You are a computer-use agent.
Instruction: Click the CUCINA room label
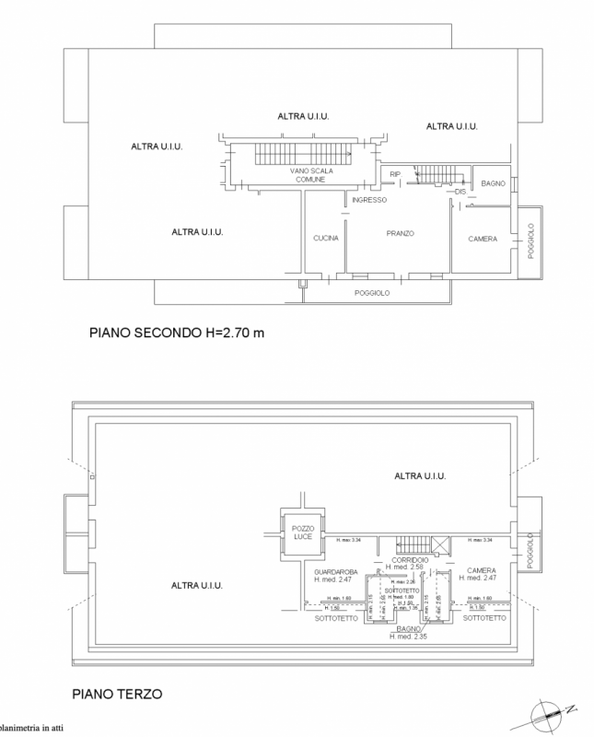(x=326, y=239)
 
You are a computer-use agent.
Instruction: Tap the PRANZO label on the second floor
(x=399, y=234)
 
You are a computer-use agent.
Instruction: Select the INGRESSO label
(x=368, y=200)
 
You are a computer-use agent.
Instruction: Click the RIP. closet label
(x=395, y=173)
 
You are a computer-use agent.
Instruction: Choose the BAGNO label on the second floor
(x=493, y=184)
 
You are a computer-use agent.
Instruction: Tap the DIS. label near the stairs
(x=461, y=193)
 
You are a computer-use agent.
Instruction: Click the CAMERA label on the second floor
(x=483, y=239)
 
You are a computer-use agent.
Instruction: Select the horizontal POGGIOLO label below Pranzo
(x=373, y=292)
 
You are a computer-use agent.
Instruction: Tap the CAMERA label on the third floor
(x=482, y=571)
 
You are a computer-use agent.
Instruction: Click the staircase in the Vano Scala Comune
(x=296, y=153)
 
